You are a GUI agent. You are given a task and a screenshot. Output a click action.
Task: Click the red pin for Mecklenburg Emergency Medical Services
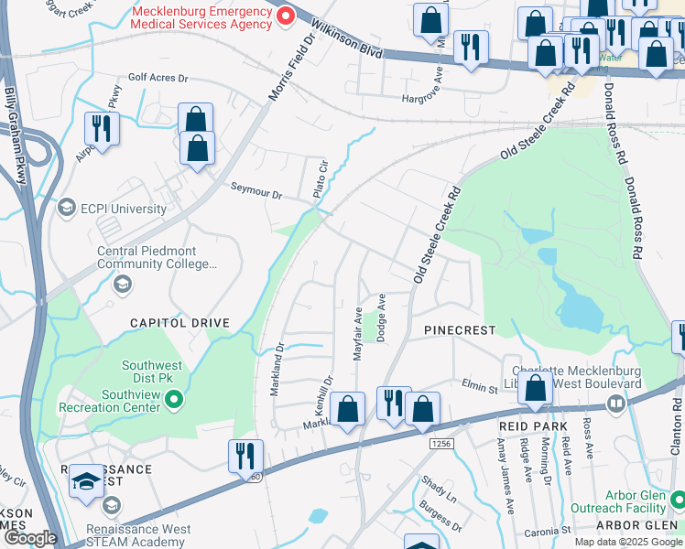click(x=285, y=16)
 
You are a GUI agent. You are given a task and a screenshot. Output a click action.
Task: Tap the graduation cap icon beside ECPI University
click(x=66, y=209)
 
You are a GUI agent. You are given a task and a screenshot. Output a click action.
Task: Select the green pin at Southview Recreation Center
click(x=177, y=399)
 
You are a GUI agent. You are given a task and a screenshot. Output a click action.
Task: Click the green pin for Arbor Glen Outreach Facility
click(x=678, y=500)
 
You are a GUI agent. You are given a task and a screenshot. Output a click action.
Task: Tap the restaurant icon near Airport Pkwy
click(x=102, y=129)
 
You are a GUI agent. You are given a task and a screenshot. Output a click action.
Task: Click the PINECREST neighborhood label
click(x=460, y=329)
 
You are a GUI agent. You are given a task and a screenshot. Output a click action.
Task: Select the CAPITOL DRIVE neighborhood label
click(x=179, y=323)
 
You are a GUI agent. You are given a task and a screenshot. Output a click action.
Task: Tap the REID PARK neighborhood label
click(x=534, y=426)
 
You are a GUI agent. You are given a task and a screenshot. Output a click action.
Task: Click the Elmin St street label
click(x=479, y=388)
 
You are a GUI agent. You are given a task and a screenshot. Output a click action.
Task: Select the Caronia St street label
click(x=549, y=530)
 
